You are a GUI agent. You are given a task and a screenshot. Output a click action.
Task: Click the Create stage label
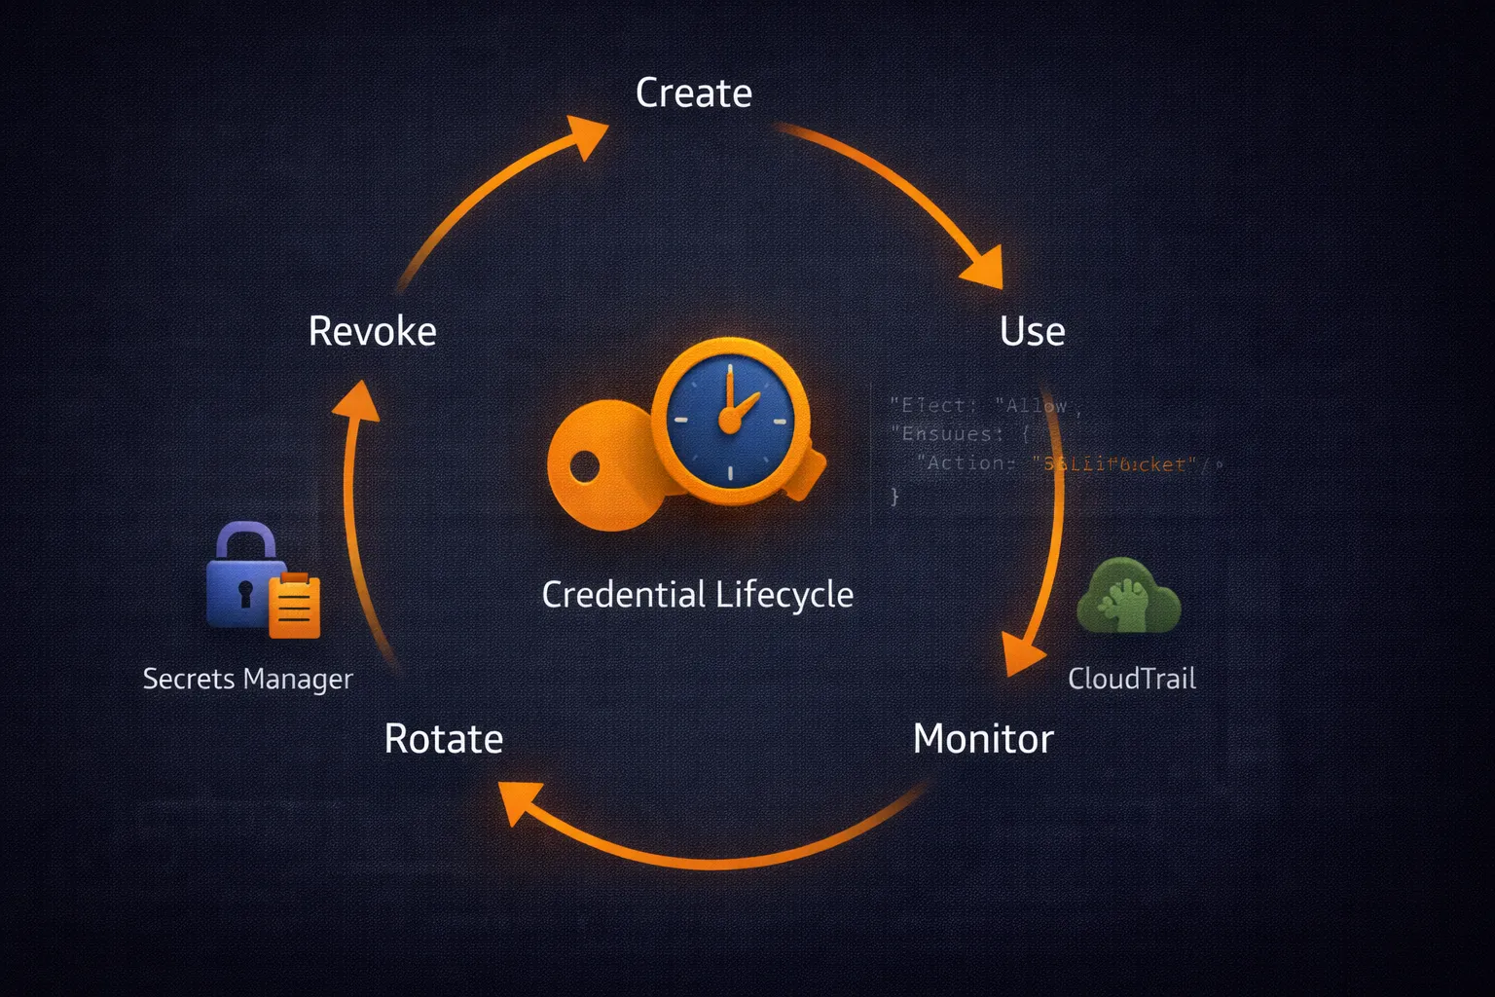coord(693,93)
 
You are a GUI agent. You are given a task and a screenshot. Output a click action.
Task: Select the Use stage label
coord(1032,332)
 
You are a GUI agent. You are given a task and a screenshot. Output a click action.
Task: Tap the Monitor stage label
coord(983,739)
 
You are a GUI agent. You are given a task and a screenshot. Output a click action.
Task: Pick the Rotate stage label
coord(444,739)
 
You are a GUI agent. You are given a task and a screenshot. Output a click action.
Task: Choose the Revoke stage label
coord(372,332)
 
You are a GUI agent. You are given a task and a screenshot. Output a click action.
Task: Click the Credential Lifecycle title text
coord(697,595)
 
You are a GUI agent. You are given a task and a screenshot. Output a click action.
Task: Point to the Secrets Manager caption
coord(247,679)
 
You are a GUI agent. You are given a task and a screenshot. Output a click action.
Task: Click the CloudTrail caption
coord(1131,679)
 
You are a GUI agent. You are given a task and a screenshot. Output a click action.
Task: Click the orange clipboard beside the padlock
coord(294,607)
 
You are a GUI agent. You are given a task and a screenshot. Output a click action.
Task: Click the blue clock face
coord(730,419)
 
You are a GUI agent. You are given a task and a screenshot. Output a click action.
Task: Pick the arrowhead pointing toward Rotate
coord(521,803)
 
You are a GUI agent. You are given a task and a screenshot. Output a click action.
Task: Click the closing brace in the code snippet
coord(894,497)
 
